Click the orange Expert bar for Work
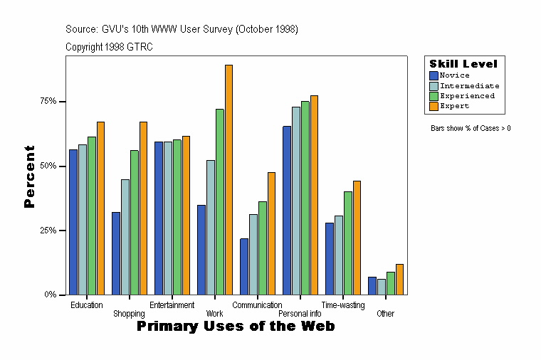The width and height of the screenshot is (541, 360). (x=229, y=179)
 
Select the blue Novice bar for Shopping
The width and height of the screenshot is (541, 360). (x=115, y=253)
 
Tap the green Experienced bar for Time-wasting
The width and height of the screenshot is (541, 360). (x=348, y=243)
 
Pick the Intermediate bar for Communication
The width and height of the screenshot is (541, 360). (x=253, y=254)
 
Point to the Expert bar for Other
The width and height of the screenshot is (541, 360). (x=399, y=279)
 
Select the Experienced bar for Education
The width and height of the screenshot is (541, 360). (x=92, y=216)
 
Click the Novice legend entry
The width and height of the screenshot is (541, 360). (x=454, y=75)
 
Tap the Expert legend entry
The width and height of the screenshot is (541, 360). (x=453, y=106)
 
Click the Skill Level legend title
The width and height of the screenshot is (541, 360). (x=463, y=64)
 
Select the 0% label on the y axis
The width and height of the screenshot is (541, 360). (x=50, y=294)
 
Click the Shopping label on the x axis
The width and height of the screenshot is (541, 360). (x=129, y=314)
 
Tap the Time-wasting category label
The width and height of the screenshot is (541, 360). (x=342, y=305)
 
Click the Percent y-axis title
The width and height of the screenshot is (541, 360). (x=29, y=176)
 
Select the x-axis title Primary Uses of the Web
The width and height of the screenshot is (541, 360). (x=235, y=326)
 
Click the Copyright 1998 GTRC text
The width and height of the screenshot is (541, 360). (x=109, y=47)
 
